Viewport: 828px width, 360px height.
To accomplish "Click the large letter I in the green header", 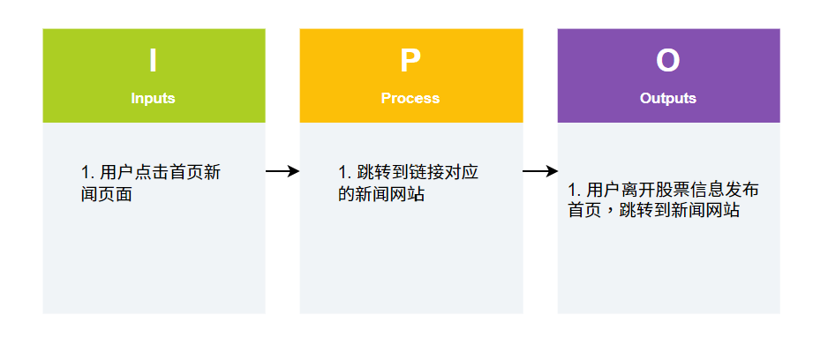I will pos(153,61).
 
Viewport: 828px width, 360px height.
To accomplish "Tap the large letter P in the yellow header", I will pos(410,61).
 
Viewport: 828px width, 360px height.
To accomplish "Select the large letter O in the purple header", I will pos(668,61).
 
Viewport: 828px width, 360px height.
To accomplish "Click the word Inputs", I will pos(153,98).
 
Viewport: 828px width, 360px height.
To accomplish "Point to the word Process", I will pos(410,98).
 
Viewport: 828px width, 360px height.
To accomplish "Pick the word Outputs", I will pos(668,98).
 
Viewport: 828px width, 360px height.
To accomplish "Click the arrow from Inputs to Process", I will pos(282,171).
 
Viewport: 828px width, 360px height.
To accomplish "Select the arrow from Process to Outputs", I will pos(540,171).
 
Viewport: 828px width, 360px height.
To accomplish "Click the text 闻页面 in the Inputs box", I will pos(106,194).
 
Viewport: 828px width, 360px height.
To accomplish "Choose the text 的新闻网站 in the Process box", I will pos(381,194).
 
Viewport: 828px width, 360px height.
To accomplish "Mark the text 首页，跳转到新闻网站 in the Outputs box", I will pos(653,211).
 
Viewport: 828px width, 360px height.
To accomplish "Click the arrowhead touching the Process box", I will pos(295,171).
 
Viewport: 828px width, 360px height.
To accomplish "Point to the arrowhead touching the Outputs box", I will pos(553,171).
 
